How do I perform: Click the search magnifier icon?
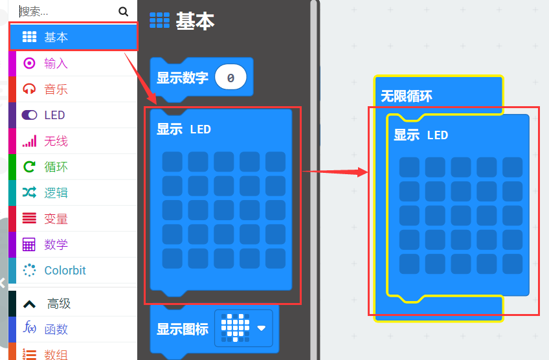tap(124, 11)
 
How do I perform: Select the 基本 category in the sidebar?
tap(56, 38)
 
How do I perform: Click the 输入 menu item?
tap(56, 63)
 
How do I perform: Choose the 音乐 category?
tap(56, 89)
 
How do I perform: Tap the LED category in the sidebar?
tap(54, 115)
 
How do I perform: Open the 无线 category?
tap(56, 141)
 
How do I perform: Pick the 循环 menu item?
tap(56, 167)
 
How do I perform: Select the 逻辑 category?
tap(56, 193)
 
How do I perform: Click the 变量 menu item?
tap(56, 219)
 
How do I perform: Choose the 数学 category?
tap(56, 245)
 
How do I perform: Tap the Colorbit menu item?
tap(65, 271)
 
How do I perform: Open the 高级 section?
tap(58, 304)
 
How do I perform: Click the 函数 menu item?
tap(56, 329)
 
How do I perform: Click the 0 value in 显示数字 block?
tap(230, 78)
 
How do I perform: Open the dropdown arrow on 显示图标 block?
tap(262, 328)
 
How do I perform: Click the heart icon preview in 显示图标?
tap(235, 328)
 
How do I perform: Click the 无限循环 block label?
tap(407, 96)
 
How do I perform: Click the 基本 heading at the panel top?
tap(194, 21)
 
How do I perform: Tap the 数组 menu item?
tap(56, 354)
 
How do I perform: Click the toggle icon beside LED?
tap(30, 115)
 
